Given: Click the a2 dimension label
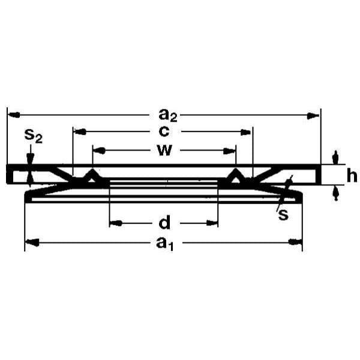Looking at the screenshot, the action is tap(168, 115).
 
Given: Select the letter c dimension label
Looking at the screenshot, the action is tap(164, 131).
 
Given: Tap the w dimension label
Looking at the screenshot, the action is tap(164, 151).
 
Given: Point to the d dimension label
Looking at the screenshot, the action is tap(164, 222).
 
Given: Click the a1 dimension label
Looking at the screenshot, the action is tap(165, 244).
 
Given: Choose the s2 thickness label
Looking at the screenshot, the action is tap(34, 136).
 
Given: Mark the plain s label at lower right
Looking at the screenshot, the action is tap(283, 215).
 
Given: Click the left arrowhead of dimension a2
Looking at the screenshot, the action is tap(13, 115).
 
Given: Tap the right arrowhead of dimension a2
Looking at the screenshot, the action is tap(313, 116).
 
